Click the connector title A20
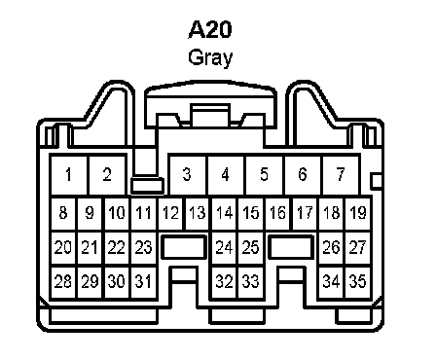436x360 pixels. [x=210, y=29]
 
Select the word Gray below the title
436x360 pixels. [x=210, y=57]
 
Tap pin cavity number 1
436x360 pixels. [x=69, y=175]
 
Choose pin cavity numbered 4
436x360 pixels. [x=226, y=175]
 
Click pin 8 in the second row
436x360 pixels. [x=63, y=213]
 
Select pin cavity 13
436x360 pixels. [x=198, y=213]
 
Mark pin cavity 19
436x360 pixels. [x=358, y=213]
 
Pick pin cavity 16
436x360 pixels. [x=278, y=213]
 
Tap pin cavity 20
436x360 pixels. [x=63, y=248]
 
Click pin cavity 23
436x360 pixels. [x=144, y=248]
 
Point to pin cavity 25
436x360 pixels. [x=251, y=248]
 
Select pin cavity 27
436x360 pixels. [x=358, y=248]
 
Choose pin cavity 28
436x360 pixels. [x=63, y=281]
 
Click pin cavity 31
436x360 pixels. [x=144, y=281]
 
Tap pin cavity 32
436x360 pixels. [x=225, y=281]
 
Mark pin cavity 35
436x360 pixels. [x=358, y=281]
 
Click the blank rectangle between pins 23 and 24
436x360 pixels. [x=184, y=247]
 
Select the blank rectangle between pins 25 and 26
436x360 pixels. [x=291, y=247]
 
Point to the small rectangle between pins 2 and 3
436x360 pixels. [x=147, y=186]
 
